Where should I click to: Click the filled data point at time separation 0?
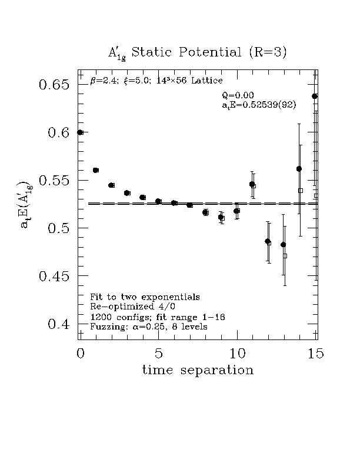[80, 132]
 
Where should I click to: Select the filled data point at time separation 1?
[96, 170]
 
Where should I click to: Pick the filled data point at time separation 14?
[299, 169]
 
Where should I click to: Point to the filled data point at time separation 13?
[283, 244]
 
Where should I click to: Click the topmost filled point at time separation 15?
[315, 96]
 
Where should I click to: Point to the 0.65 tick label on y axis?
[54, 85]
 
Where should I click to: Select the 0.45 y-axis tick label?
[54, 276]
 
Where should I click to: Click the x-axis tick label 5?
[158, 354]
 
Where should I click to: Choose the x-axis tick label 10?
[236, 354]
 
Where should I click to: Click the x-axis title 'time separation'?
[198, 371]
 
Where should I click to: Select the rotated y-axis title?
[25, 204]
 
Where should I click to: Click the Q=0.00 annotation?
[238, 95]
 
